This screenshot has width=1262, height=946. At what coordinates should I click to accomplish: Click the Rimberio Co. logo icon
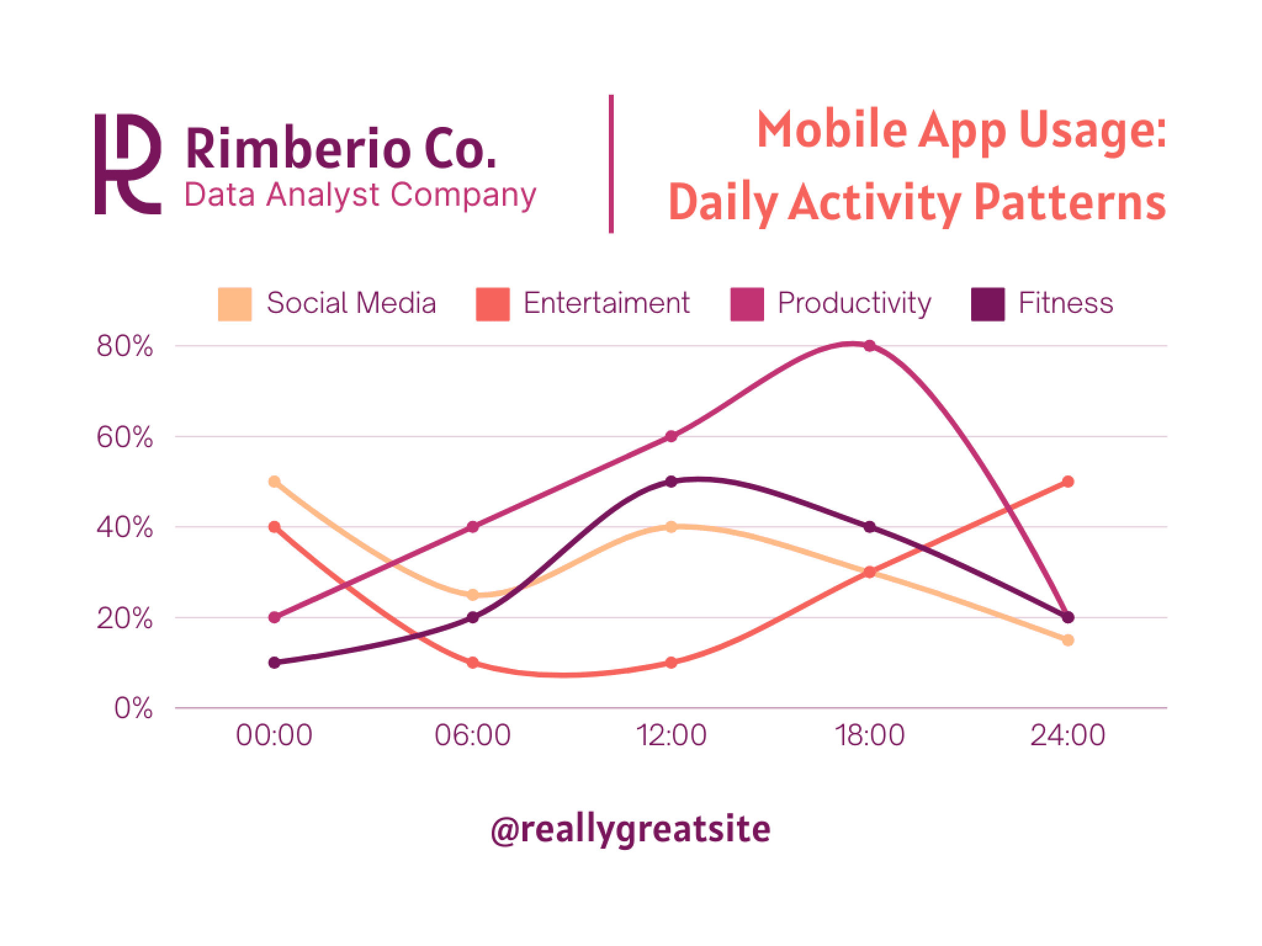pyautogui.click(x=128, y=164)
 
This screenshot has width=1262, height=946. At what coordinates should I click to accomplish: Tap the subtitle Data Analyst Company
pyautogui.click(x=360, y=195)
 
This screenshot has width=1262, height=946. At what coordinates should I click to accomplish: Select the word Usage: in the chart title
pyautogui.click(x=1093, y=131)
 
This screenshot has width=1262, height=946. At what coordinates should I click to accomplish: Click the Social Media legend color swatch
pyautogui.click(x=235, y=304)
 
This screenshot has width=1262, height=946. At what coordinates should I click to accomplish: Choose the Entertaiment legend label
pyautogui.click(x=606, y=303)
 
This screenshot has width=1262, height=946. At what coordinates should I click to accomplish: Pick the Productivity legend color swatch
pyautogui.click(x=747, y=304)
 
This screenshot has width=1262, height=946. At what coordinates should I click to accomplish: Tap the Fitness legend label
pyautogui.click(x=1065, y=303)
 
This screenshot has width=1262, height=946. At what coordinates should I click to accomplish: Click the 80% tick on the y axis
pyautogui.click(x=125, y=347)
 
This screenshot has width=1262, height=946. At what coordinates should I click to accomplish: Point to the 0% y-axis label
pyautogui.click(x=133, y=709)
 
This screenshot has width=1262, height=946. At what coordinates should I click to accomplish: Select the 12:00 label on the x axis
pyautogui.click(x=671, y=736)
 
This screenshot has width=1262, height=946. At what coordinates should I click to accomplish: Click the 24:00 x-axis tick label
pyautogui.click(x=1068, y=736)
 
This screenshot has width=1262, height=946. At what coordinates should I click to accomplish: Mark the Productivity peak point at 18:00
pyautogui.click(x=869, y=346)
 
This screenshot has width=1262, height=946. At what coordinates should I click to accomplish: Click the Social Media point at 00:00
pyautogui.click(x=275, y=482)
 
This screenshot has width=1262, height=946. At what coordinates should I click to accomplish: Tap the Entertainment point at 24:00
pyautogui.click(x=1068, y=482)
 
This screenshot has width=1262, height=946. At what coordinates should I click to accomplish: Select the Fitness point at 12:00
pyautogui.click(x=671, y=482)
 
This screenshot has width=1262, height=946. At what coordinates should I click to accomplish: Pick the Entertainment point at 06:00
pyautogui.click(x=473, y=663)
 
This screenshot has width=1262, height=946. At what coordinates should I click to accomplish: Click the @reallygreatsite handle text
pyautogui.click(x=630, y=829)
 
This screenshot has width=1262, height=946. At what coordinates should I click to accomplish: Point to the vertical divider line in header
pyautogui.click(x=611, y=164)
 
